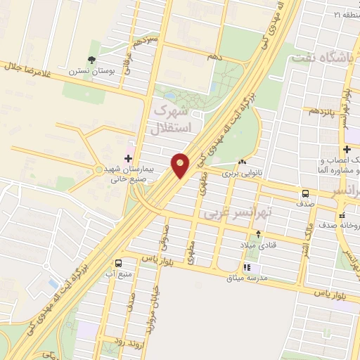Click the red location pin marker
click(180, 165)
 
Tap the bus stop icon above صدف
click(305, 193)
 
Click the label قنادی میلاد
click(258, 244)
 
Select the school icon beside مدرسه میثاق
click(247, 267)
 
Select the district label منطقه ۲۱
click(346, 14)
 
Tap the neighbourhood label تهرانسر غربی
click(231, 212)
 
